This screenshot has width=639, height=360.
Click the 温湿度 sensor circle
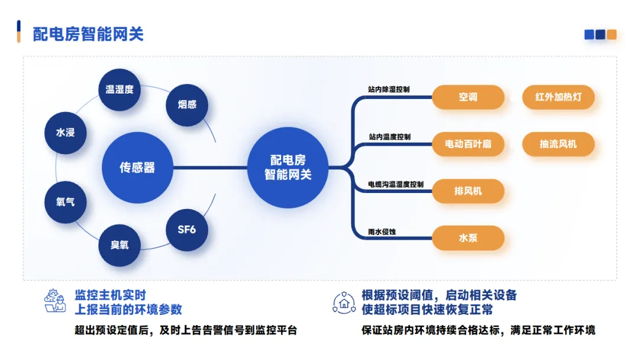click(120, 89)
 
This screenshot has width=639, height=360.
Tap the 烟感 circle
click(187, 104)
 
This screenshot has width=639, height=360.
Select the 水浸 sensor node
click(66, 133)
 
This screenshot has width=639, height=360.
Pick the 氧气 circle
click(66, 202)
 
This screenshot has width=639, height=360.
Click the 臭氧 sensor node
click(120, 245)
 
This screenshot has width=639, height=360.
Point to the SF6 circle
click(187, 229)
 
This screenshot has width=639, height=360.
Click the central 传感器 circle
click(137, 168)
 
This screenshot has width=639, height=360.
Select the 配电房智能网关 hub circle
click(288, 168)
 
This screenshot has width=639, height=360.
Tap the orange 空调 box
click(468, 97)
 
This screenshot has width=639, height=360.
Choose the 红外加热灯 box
click(558, 97)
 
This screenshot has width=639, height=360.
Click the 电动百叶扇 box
click(468, 144)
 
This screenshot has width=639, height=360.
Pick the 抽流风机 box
click(558, 144)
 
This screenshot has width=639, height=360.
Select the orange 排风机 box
click(468, 191)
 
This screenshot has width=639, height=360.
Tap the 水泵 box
click(468, 238)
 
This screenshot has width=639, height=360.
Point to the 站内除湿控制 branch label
click(389, 89)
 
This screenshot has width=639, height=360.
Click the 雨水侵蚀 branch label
click(382, 231)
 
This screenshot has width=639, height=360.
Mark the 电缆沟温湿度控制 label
click(396, 184)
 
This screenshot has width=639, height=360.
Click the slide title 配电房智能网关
click(88, 34)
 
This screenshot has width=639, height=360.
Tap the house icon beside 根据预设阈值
click(344, 303)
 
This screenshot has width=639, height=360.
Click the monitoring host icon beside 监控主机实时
click(56, 301)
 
